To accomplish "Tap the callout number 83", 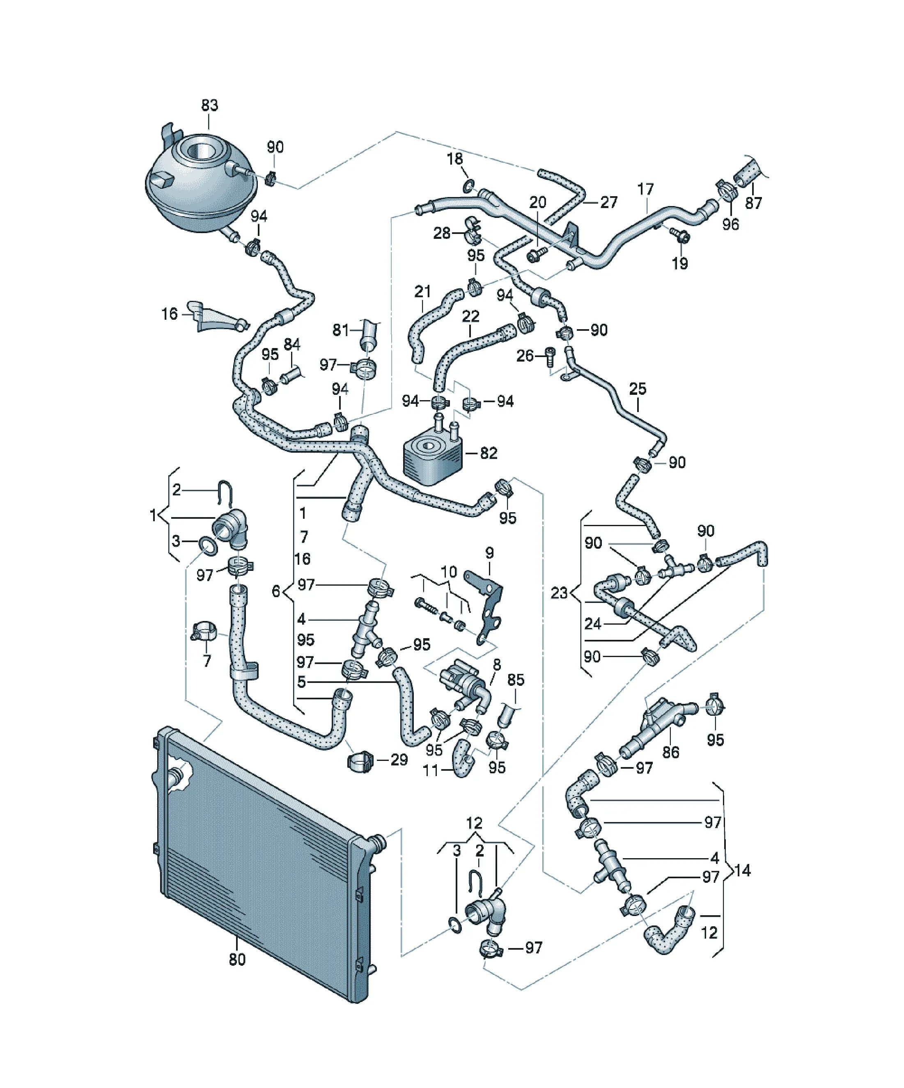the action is coord(209,105).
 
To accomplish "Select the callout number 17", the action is coord(645,189).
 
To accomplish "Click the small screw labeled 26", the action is coord(551,357).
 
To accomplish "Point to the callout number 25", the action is coord(638,389).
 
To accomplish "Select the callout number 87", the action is coord(753,204).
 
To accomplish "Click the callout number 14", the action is coord(742,870).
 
